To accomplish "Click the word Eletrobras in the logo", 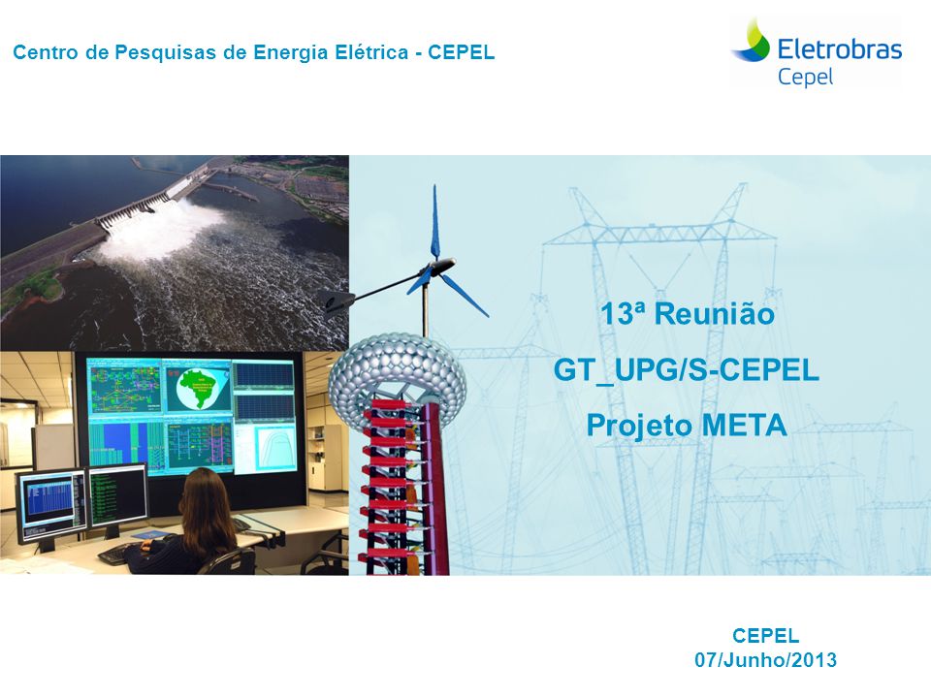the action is tap(840, 48).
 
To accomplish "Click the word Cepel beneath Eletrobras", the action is tap(805, 78).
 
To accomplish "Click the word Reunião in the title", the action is tap(715, 313).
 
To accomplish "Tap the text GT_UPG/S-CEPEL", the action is tap(687, 369).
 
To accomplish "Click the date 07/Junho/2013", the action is tap(765, 660).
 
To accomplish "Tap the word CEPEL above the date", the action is tap(765, 636).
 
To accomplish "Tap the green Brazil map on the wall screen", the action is tap(197, 388).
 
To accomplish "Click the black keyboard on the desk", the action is tap(118, 554).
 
